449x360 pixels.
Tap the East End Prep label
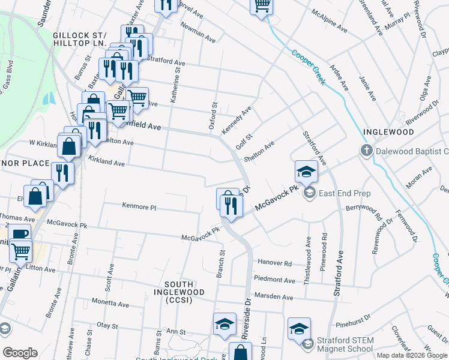[345, 193]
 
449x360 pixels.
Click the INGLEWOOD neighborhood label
[388, 131]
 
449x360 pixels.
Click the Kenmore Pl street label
[139, 207]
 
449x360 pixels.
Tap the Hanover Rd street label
[275, 263]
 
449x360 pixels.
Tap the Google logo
[20, 353]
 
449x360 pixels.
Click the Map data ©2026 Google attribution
[412, 355]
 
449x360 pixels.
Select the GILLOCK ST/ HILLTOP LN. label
[79, 40]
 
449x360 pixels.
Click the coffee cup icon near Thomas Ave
[19, 234]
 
